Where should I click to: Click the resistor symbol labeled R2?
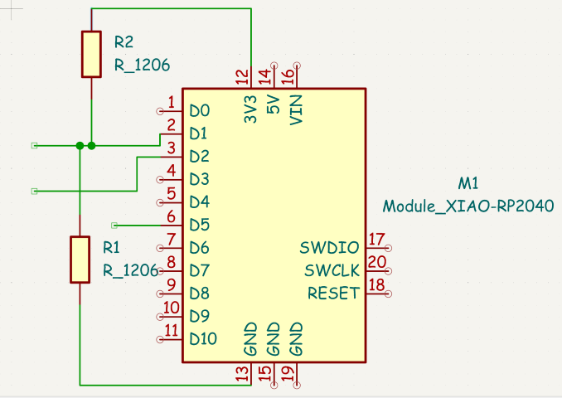tap(91, 54)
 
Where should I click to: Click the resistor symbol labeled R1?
tap(80, 259)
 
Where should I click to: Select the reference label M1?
tap(468, 183)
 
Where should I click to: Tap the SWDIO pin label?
tap(330, 247)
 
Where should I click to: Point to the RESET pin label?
tap(333, 293)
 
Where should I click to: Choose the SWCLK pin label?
tap(332, 270)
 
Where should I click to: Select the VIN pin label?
tap(296, 109)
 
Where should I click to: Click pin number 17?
tap(376, 240)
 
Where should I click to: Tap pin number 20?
tap(376, 262)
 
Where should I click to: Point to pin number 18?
tap(376, 285)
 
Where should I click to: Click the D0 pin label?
tap(199, 110)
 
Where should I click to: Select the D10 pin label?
tap(203, 338)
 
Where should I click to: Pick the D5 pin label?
tap(199, 225)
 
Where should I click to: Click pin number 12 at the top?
tap(242, 77)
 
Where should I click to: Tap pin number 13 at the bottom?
tap(242, 374)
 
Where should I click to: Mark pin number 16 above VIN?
tap(288, 77)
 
